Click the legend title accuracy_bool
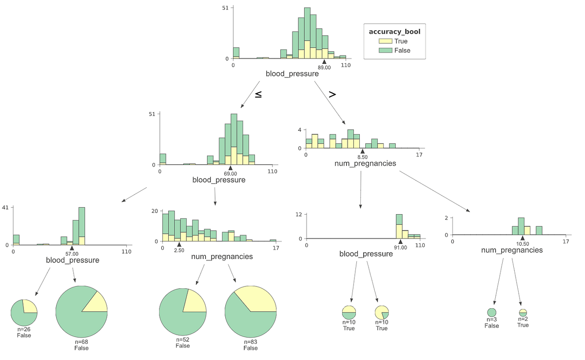394,32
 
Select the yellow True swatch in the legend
386,41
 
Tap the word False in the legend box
402,50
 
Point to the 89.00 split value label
324,67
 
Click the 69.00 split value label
230,174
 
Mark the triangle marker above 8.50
362,152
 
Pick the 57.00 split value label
72,254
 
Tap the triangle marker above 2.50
179,245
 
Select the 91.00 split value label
400,247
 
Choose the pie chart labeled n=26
24,313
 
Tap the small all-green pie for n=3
491,313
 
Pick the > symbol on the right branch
332,94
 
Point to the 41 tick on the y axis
6,207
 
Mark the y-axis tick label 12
300,215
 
